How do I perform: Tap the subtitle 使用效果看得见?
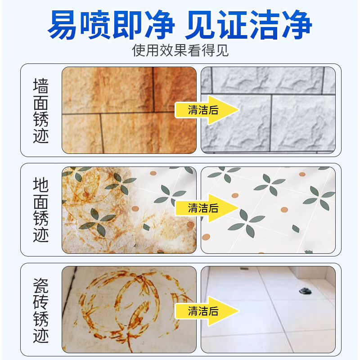(x=180, y=50)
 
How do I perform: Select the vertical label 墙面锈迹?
(x=41, y=110)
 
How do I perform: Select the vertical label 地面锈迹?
(x=41, y=210)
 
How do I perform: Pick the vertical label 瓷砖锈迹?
(x=41, y=310)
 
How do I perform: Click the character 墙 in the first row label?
(x=41, y=86)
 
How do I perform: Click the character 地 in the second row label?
(x=41, y=185)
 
